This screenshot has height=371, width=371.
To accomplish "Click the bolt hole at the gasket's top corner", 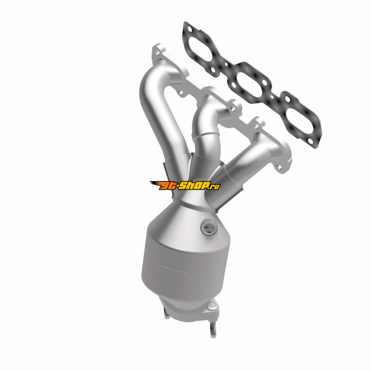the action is click(x=190, y=29).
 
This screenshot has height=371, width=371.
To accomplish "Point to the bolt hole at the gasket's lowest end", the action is click(x=310, y=141).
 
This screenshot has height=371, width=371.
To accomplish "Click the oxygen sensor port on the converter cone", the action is click(x=208, y=228).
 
